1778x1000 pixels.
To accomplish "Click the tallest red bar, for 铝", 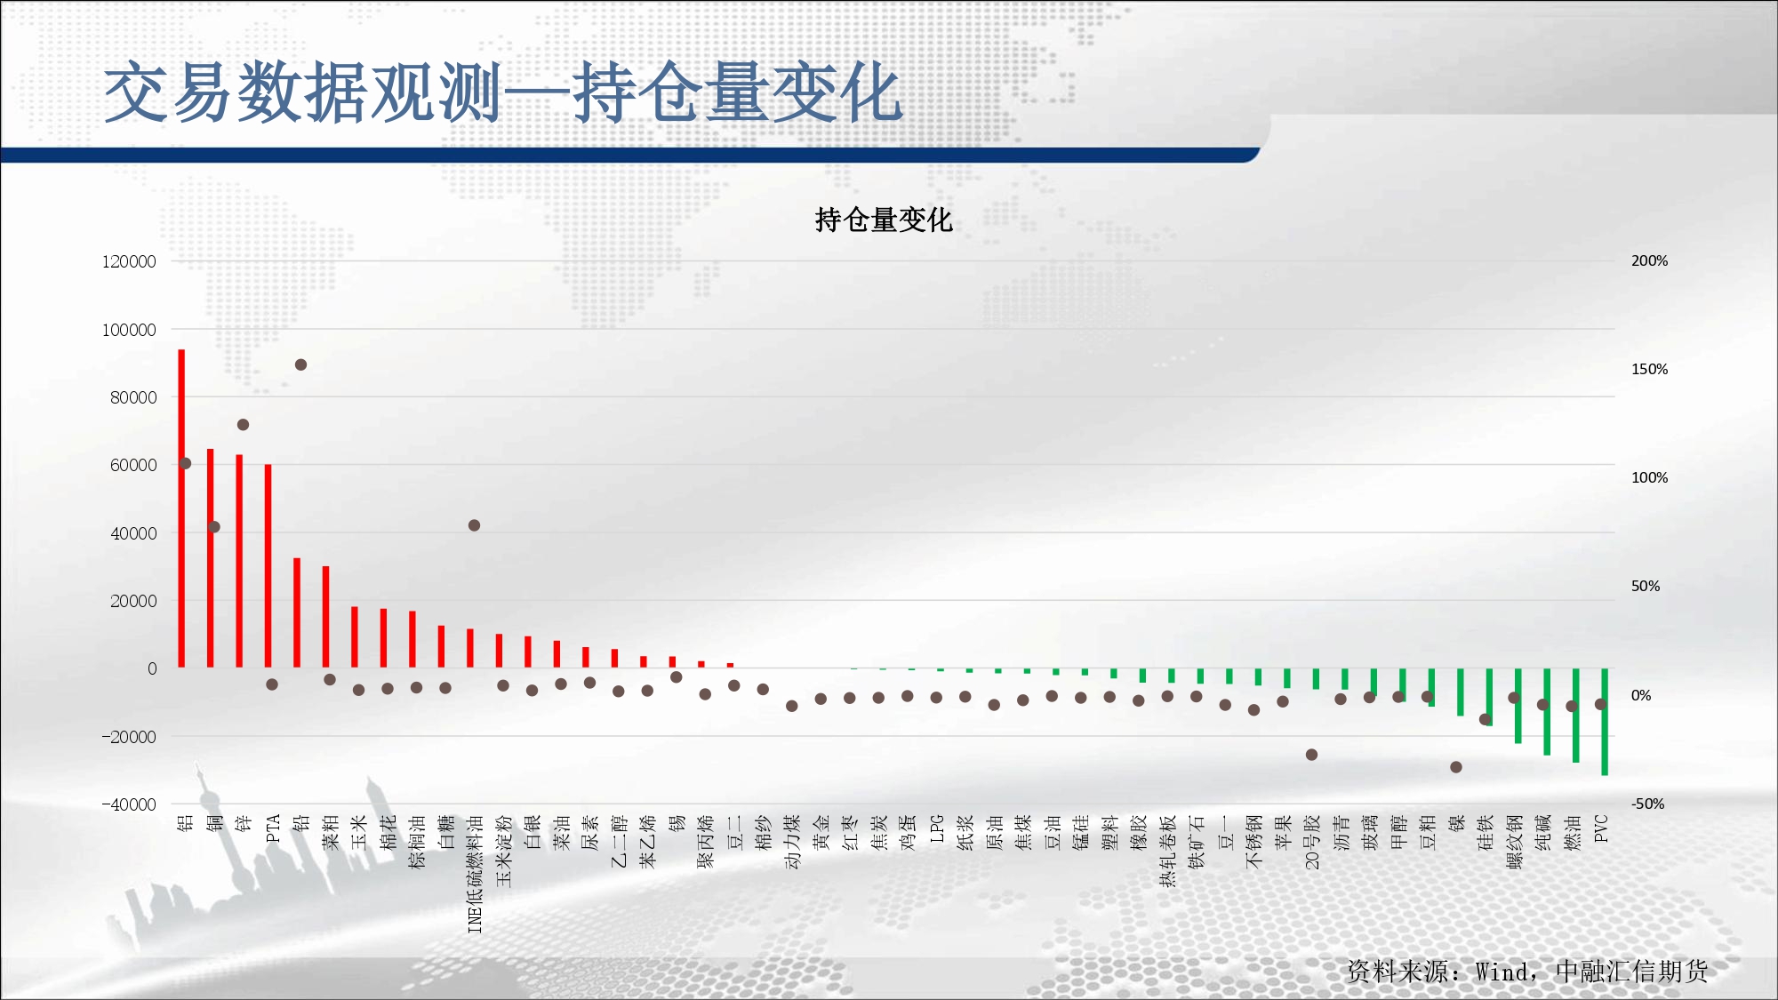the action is [181, 508].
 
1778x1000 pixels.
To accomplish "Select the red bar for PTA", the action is [268, 565].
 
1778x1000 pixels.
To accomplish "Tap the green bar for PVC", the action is [1605, 722].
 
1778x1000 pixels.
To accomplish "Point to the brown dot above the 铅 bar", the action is [300, 364].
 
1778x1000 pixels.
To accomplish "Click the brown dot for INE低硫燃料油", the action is [474, 525].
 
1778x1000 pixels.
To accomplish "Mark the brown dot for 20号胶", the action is [1311, 755].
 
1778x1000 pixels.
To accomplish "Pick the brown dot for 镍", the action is [1455, 767].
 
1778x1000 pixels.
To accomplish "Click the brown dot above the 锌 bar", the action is [243, 425].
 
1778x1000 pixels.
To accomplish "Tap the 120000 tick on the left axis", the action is [129, 261].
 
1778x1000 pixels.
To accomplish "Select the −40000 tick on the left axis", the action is [129, 804].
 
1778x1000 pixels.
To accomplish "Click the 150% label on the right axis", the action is [1649, 369].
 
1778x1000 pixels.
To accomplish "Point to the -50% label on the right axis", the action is [1647, 804].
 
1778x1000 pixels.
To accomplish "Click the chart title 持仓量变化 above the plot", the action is [884, 220].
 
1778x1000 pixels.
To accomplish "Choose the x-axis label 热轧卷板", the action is [1167, 851].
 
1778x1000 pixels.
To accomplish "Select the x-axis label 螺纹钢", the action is [1514, 841].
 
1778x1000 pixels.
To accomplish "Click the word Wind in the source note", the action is [1502, 972].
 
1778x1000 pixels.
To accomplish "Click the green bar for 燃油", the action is [1575, 716].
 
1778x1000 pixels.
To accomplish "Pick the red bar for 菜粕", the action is [325, 617].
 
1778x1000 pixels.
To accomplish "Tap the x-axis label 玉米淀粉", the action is [503, 851].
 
